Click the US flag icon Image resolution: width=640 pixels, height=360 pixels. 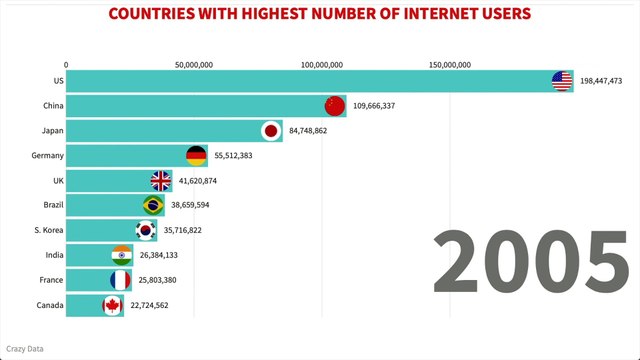tap(562, 81)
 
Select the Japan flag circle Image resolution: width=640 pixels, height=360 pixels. tap(270, 131)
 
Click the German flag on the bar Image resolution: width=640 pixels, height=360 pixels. tap(196, 156)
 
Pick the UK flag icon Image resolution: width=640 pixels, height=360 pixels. tap(161, 181)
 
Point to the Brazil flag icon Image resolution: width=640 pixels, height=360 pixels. tap(153, 205)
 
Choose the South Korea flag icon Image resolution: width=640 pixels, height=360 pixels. tap(146, 230)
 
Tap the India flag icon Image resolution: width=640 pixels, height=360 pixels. tap(121, 255)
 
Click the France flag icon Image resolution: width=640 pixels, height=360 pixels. tap(120, 280)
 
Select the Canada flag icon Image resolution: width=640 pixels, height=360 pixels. tap(112, 305)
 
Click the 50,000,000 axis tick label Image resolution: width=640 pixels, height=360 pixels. tap(193, 64)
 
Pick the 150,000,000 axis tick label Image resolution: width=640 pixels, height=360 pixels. tap(450, 64)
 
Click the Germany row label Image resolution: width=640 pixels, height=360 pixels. tap(48, 156)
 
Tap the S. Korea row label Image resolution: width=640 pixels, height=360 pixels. tap(48, 230)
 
